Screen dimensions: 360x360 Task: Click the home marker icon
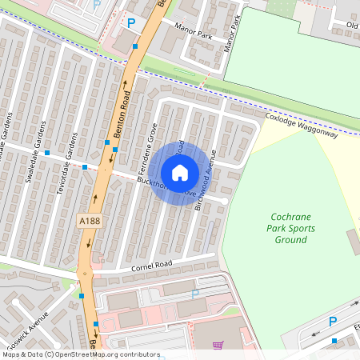(x=179, y=173)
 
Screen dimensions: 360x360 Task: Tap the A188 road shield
(x=89, y=220)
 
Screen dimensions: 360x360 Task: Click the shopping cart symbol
(x=218, y=346)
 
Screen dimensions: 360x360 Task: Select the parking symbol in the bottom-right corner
(x=333, y=321)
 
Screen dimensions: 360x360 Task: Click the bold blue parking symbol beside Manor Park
(x=131, y=23)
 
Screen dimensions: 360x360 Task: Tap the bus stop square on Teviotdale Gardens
(x=85, y=167)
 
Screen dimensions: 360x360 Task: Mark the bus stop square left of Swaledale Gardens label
(x=48, y=152)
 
